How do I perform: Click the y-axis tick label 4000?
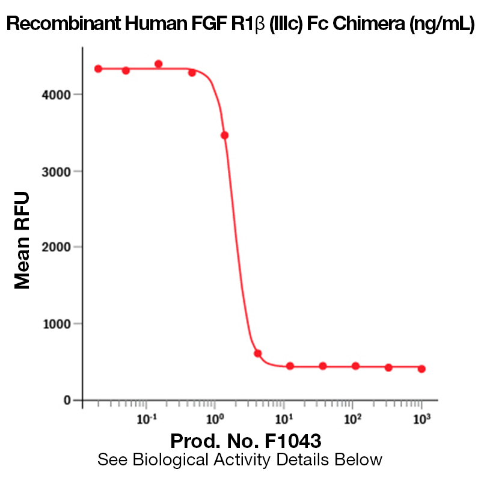[x=58, y=94]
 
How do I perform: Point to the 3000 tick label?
[x=58, y=171]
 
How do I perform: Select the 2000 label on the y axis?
[x=58, y=247]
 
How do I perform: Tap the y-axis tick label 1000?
[x=58, y=324]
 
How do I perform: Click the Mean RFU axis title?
[x=22, y=240]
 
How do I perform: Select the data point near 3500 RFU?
[x=225, y=135]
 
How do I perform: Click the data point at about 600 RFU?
[x=257, y=354]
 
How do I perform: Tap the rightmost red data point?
[x=421, y=369]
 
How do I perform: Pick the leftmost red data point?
[x=98, y=69]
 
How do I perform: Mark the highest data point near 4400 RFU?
[x=158, y=64]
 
